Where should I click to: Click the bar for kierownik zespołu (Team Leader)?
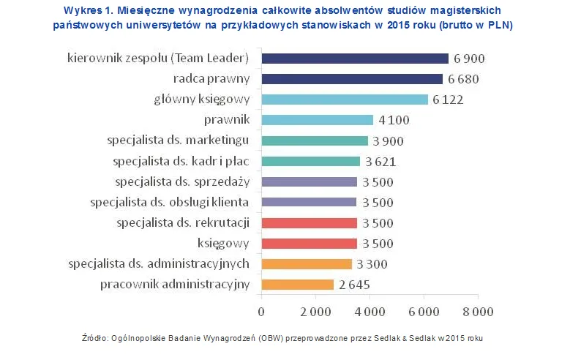pos(354,59)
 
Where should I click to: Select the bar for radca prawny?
pos(352,79)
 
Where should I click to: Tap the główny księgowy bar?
pos(344,100)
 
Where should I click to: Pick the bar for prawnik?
pos(317,120)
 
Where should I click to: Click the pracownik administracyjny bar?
pos(297,285)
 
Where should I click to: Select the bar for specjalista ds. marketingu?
pos(315,140)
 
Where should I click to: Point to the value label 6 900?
pos(469,59)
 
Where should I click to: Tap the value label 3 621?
pos(380,162)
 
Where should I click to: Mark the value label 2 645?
pos(354,285)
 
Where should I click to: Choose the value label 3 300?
pos(372,264)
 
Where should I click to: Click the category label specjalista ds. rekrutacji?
pos(183,222)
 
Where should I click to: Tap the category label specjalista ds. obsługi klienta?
pos(170,202)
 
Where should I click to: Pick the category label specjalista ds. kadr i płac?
pos(181,161)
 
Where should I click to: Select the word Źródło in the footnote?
pos(97,339)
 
